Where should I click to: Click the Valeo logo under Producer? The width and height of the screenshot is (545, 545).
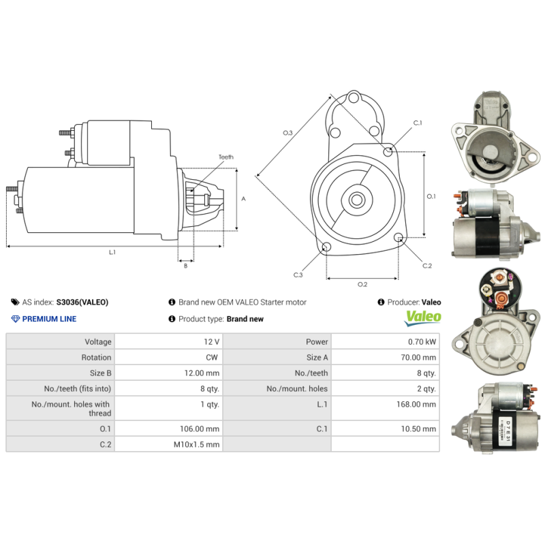click(x=423, y=317)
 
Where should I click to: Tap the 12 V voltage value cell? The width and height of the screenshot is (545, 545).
click(x=211, y=341)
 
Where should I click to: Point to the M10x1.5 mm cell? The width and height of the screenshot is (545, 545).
click(x=197, y=444)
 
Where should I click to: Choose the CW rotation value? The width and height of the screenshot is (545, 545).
click(x=213, y=357)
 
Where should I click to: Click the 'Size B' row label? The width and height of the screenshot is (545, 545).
click(x=100, y=373)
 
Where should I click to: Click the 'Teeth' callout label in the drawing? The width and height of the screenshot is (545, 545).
click(x=225, y=157)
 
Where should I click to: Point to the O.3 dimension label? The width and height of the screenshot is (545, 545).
click(x=287, y=132)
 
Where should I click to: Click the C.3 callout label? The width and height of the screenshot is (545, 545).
click(x=298, y=275)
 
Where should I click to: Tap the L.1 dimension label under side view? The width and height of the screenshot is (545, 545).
click(x=112, y=252)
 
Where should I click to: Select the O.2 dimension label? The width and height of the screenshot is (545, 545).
click(x=362, y=284)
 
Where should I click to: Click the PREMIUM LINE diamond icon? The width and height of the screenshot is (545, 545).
click(x=16, y=319)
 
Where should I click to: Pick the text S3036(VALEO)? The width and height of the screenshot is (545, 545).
click(x=82, y=302)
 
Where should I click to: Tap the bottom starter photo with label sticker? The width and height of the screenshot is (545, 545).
click(x=495, y=421)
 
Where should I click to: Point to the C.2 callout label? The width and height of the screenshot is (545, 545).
click(x=427, y=266)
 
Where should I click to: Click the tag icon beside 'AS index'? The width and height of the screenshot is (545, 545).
click(x=15, y=302)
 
